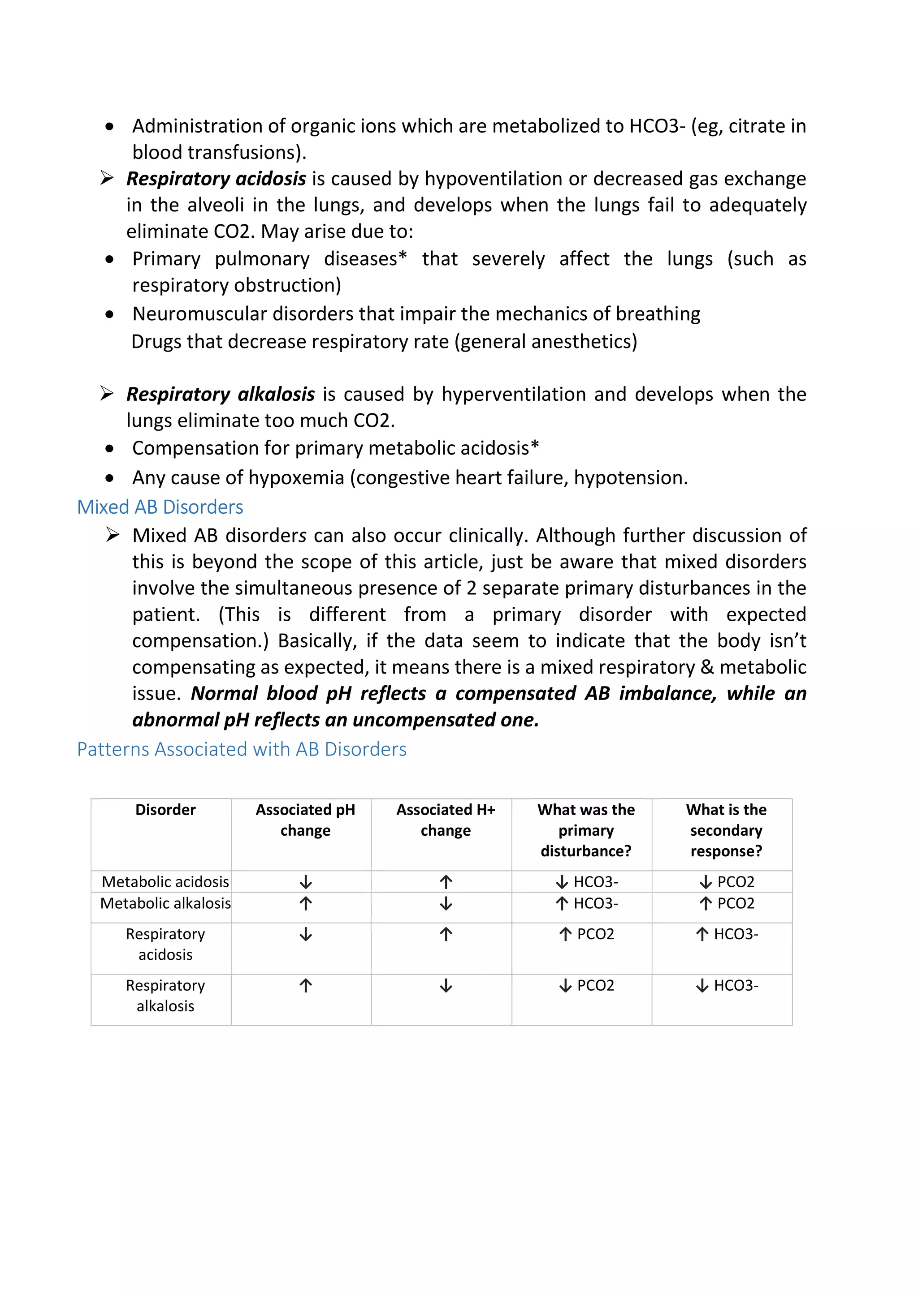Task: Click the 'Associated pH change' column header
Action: pos(305,820)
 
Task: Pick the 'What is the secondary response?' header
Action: pos(726,830)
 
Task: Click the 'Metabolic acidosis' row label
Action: pos(165,882)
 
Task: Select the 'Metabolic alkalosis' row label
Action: pos(165,903)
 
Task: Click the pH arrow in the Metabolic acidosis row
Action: pos(306,882)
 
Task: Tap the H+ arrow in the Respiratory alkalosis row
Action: pos(446,986)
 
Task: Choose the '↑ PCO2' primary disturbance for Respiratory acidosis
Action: pos(586,934)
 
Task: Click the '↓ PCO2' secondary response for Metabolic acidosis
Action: pos(726,882)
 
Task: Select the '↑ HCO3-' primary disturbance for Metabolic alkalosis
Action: pos(586,903)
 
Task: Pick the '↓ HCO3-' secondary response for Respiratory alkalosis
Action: pos(726,986)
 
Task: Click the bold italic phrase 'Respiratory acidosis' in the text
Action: pos(216,179)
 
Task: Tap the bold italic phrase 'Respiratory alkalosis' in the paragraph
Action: pos(221,394)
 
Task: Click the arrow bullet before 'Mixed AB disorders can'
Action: pos(113,534)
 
